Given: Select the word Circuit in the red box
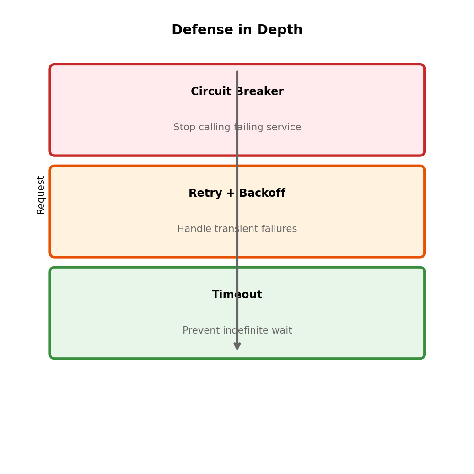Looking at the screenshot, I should pos(211,92).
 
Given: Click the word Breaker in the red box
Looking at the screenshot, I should pos(260,92).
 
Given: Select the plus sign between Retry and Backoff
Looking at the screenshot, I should pos(231,194).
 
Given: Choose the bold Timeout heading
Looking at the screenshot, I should pos(237,295).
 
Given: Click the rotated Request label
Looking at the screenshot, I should pos(41,195).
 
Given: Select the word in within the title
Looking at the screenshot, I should pos(245,30).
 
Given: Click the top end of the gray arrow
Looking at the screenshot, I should pos(237,72).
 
